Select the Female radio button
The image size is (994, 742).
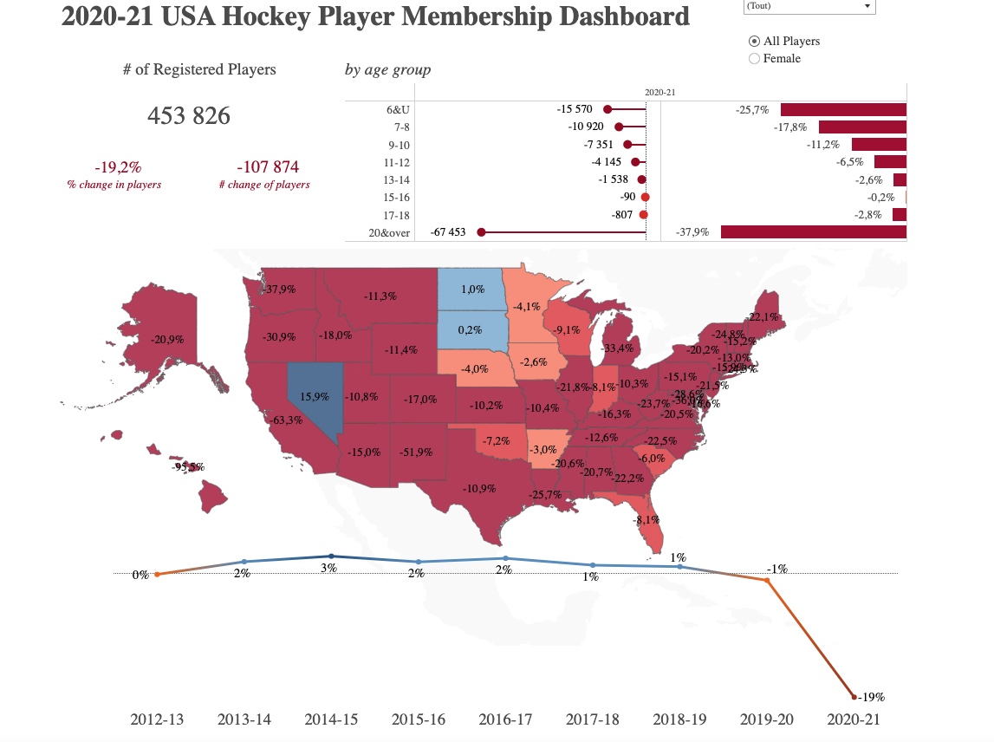point(754,59)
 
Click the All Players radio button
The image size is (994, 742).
point(754,42)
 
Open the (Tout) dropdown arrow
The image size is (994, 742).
point(867,6)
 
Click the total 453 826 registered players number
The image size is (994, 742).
point(189,115)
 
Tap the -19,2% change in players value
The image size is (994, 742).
point(118,166)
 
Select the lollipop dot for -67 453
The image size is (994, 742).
point(482,232)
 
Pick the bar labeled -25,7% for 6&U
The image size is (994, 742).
point(842,110)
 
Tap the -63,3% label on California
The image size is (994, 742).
point(286,420)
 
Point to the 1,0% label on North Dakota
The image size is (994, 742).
point(472,290)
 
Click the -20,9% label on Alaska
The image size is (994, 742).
point(166,340)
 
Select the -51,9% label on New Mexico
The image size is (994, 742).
point(416,452)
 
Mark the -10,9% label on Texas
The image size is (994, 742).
point(479,488)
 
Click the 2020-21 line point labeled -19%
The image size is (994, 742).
point(854,696)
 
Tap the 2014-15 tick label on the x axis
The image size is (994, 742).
point(331,719)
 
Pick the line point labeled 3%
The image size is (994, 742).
point(331,556)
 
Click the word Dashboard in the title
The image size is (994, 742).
point(619,16)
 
